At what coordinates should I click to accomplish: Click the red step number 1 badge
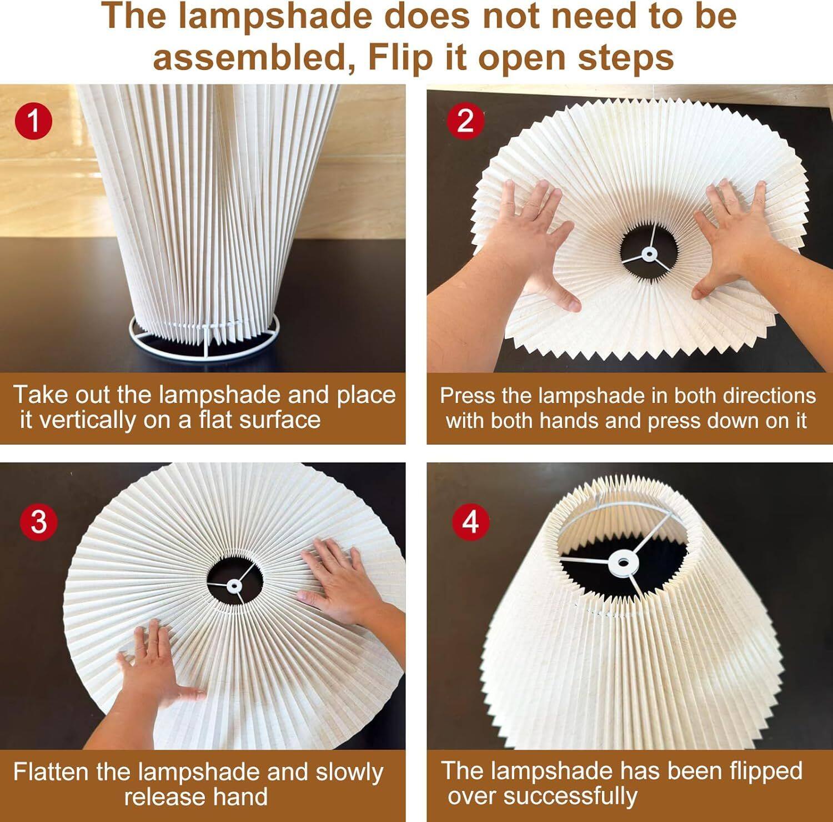[x=34, y=121]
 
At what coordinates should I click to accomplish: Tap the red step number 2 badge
[x=465, y=121]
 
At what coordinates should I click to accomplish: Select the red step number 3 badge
[x=38, y=522]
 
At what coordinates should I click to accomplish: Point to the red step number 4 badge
[x=470, y=522]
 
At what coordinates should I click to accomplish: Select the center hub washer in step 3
[x=233, y=585]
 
